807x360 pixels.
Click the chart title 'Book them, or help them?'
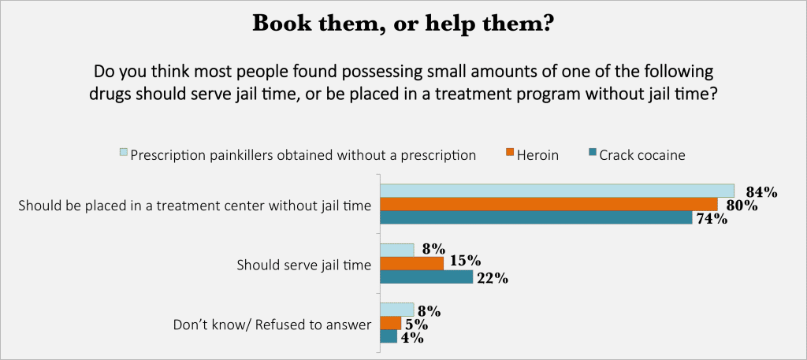click(403, 24)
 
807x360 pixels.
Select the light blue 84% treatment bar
click(557, 191)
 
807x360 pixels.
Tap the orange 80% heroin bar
click(549, 205)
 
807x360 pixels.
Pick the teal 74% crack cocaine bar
click(536, 218)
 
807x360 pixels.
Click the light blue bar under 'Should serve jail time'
click(397, 251)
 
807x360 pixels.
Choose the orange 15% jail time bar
click(412, 264)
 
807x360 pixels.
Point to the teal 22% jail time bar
click(426, 277)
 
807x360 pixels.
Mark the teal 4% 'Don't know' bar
click(389, 336)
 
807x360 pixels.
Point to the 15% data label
click(463, 262)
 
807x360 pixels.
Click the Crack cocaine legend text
click(642, 155)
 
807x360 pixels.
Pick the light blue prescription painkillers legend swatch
click(122, 154)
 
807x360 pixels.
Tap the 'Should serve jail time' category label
click(304, 265)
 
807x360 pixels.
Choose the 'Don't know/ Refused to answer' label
click(272, 324)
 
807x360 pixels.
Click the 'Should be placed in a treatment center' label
click(194, 206)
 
